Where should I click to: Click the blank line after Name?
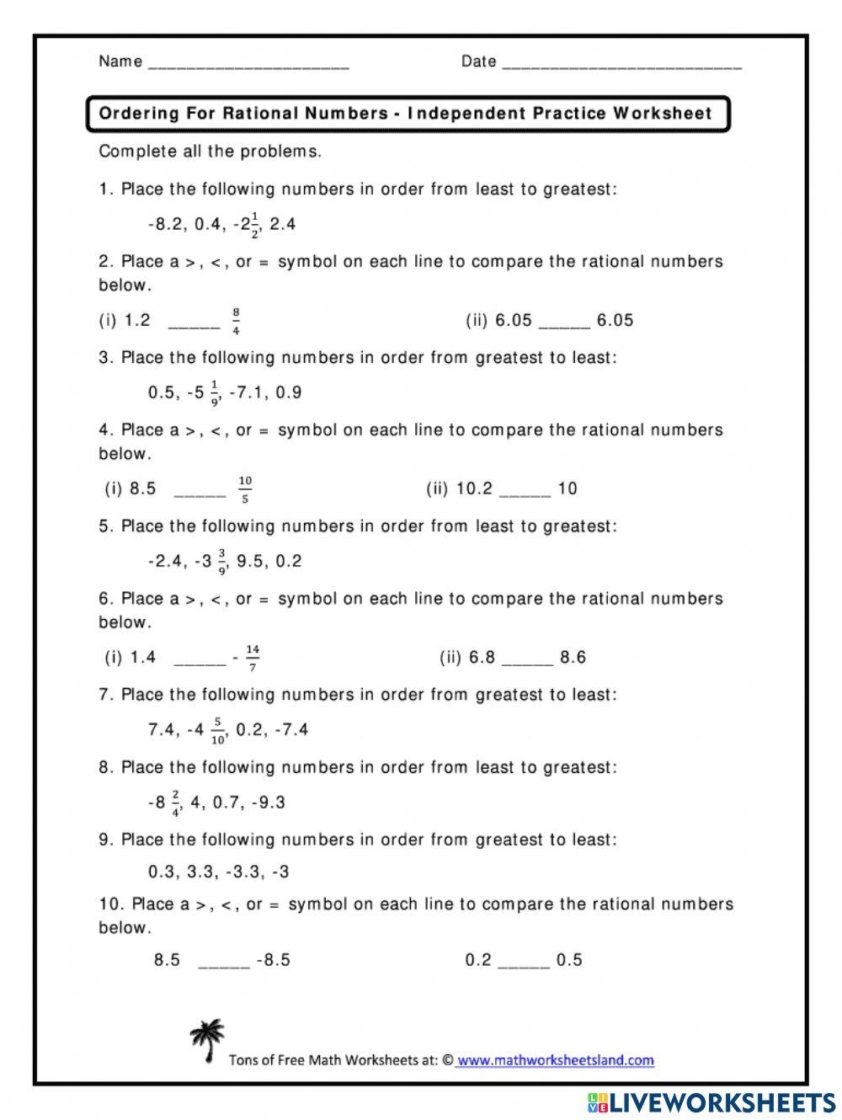(x=248, y=65)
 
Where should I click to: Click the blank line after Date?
(x=621, y=65)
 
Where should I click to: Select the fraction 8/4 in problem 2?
(x=237, y=321)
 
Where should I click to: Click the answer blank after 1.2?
(x=194, y=323)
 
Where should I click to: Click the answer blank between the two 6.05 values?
(x=564, y=323)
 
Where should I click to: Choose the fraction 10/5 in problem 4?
(x=245, y=489)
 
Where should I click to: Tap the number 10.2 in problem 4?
(x=474, y=488)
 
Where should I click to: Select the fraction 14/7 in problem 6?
(x=253, y=658)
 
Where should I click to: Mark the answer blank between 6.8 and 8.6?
(x=528, y=660)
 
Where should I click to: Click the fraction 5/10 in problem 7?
(x=218, y=730)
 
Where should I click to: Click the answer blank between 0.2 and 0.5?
(x=524, y=963)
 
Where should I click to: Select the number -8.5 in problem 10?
(x=274, y=960)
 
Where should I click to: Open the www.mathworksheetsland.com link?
(x=556, y=1060)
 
